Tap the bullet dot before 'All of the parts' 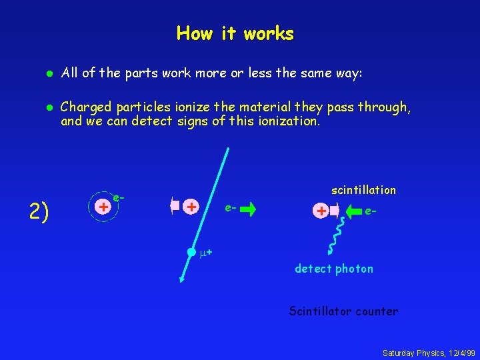coord(47,73)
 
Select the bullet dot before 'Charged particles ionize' coord(47,106)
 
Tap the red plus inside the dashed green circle coord(103,207)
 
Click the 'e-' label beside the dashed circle coord(119,198)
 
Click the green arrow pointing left coord(351,211)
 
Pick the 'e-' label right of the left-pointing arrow coord(372,211)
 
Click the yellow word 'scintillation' coord(363,190)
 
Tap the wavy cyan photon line coord(331,237)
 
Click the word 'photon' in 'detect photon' coord(355,269)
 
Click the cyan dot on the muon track coord(191,252)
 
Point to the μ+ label coord(206,253)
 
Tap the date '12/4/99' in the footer coord(458,352)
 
